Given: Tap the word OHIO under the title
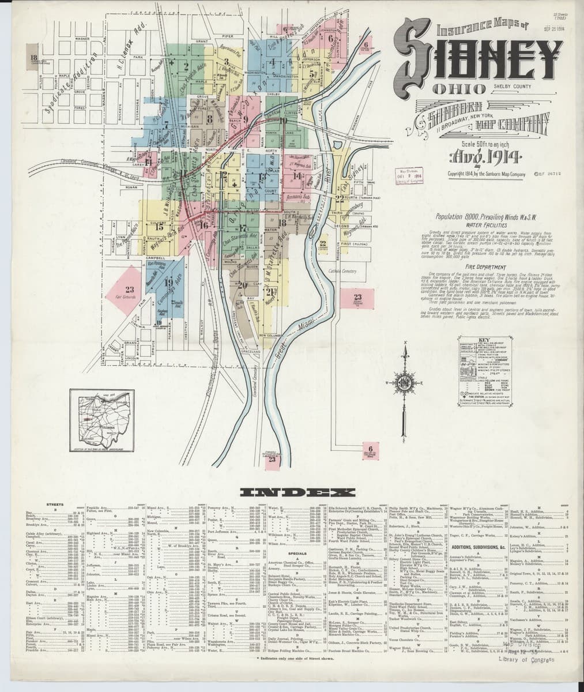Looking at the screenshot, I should pos(455,89).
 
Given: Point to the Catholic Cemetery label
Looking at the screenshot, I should pos(344,270).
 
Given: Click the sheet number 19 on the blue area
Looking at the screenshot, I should pos(169,282).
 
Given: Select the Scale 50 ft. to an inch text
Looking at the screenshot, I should pos(472,144).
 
